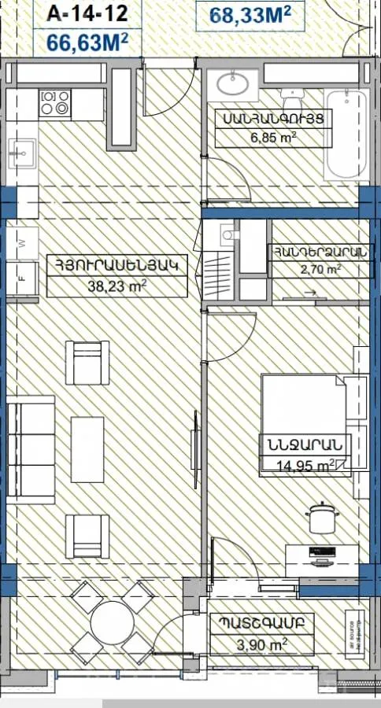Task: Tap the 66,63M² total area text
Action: click(x=87, y=41)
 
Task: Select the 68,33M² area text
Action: click(x=250, y=14)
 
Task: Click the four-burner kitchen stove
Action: click(x=55, y=103)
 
